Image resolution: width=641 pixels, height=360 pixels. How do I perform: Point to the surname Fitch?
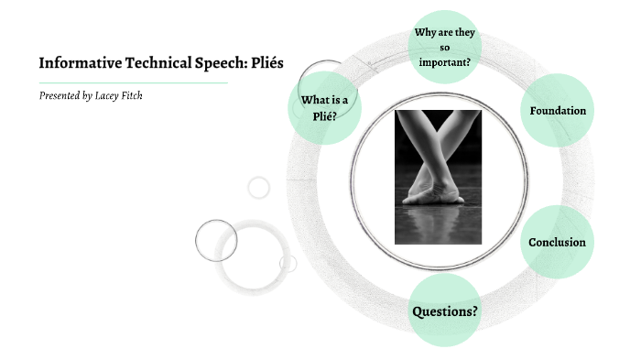tap(133, 95)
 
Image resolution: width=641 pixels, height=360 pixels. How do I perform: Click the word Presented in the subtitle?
tap(60, 95)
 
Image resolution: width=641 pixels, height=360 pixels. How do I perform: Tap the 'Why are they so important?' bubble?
tap(443, 48)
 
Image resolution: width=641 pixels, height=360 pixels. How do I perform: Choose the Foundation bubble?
tap(558, 111)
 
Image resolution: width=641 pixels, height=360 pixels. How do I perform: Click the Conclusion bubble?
tap(557, 243)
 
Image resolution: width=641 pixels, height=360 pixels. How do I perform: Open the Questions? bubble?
tap(444, 311)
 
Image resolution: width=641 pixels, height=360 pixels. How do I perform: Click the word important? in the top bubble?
tap(444, 62)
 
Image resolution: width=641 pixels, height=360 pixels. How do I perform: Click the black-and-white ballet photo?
tap(438, 177)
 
